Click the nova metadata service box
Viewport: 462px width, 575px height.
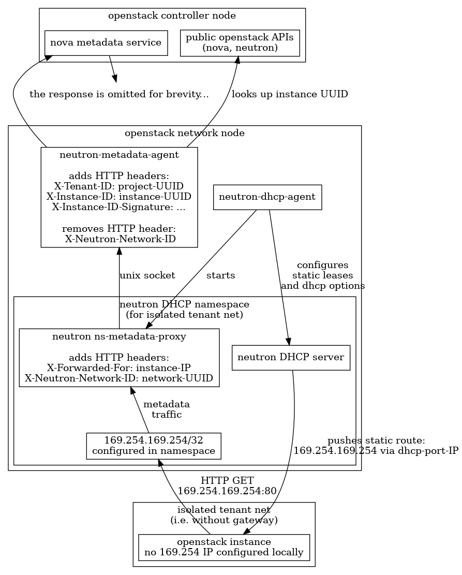point(106,42)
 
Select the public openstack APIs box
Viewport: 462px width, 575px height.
point(240,42)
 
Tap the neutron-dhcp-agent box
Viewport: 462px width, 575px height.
point(267,197)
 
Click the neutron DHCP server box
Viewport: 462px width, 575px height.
point(291,357)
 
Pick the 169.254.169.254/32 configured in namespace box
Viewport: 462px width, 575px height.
point(154,446)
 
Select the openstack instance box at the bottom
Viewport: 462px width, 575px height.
point(224,547)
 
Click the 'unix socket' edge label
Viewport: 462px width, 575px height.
point(147,275)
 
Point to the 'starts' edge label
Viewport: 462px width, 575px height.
point(221,275)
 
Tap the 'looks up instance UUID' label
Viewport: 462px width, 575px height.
point(290,94)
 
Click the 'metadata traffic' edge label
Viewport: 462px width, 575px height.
point(166,409)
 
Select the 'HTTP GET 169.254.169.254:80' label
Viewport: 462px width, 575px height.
point(227,485)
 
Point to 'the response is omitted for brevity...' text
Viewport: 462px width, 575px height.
point(119,94)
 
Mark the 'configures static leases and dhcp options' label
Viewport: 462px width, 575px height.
point(323,275)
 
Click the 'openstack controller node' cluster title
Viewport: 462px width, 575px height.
point(172,16)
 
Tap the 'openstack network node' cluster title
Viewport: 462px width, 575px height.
point(185,133)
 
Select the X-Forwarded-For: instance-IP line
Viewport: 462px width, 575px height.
point(119,367)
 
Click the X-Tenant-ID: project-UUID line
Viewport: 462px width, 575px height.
point(119,186)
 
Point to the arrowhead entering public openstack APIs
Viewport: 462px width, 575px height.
point(237,60)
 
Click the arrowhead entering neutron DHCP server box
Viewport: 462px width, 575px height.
point(289,341)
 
